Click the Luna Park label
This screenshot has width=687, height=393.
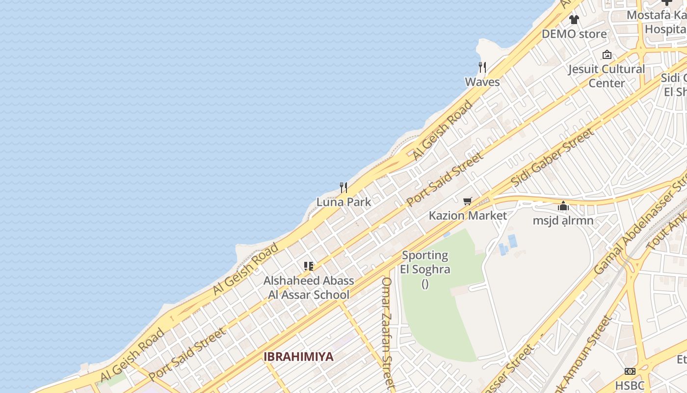(343, 202)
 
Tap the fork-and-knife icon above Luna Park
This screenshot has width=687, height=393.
(343, 187)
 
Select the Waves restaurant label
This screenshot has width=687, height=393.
(482, 82)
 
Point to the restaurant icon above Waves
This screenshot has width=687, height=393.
(482, 67)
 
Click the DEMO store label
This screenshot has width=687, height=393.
(574, 34)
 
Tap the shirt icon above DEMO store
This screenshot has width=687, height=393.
(574, 20)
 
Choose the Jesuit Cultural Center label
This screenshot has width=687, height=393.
(607, 76)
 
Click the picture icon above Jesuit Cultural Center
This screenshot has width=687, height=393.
(607, 55)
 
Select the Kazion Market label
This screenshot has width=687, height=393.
(468, 216)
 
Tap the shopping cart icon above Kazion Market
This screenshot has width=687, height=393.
(468, 201)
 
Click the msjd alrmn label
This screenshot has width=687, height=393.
(563, 221)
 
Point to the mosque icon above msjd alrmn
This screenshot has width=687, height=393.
(563, 206)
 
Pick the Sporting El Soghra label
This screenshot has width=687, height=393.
(425, 262)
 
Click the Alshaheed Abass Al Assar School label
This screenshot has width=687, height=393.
(309, 287)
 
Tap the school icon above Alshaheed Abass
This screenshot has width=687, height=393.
(309, 266)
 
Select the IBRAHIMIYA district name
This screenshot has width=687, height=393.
(298, 357)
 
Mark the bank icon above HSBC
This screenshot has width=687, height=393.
(630, 371)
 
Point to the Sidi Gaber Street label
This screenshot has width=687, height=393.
(552, 158)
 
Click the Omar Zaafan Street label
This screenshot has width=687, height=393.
(388, 334)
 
